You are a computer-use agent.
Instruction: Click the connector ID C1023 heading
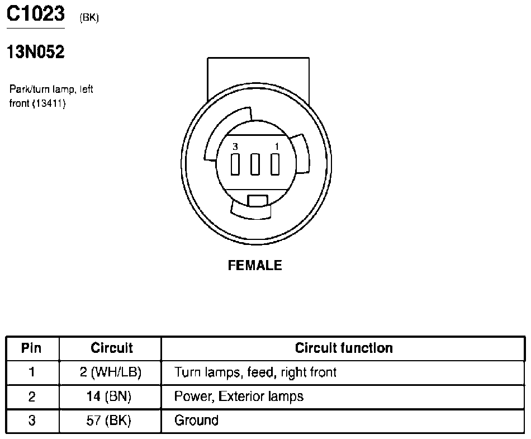36,13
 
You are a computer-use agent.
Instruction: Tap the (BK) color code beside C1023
89,17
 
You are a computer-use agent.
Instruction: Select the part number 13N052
36,52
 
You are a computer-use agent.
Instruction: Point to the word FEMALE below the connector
255,265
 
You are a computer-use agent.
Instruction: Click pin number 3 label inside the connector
235,147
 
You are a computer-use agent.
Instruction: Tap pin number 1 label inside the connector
277,147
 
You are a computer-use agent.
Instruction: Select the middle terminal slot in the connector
255,164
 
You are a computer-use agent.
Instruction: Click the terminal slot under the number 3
235,164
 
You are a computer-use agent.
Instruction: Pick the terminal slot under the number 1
275,164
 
